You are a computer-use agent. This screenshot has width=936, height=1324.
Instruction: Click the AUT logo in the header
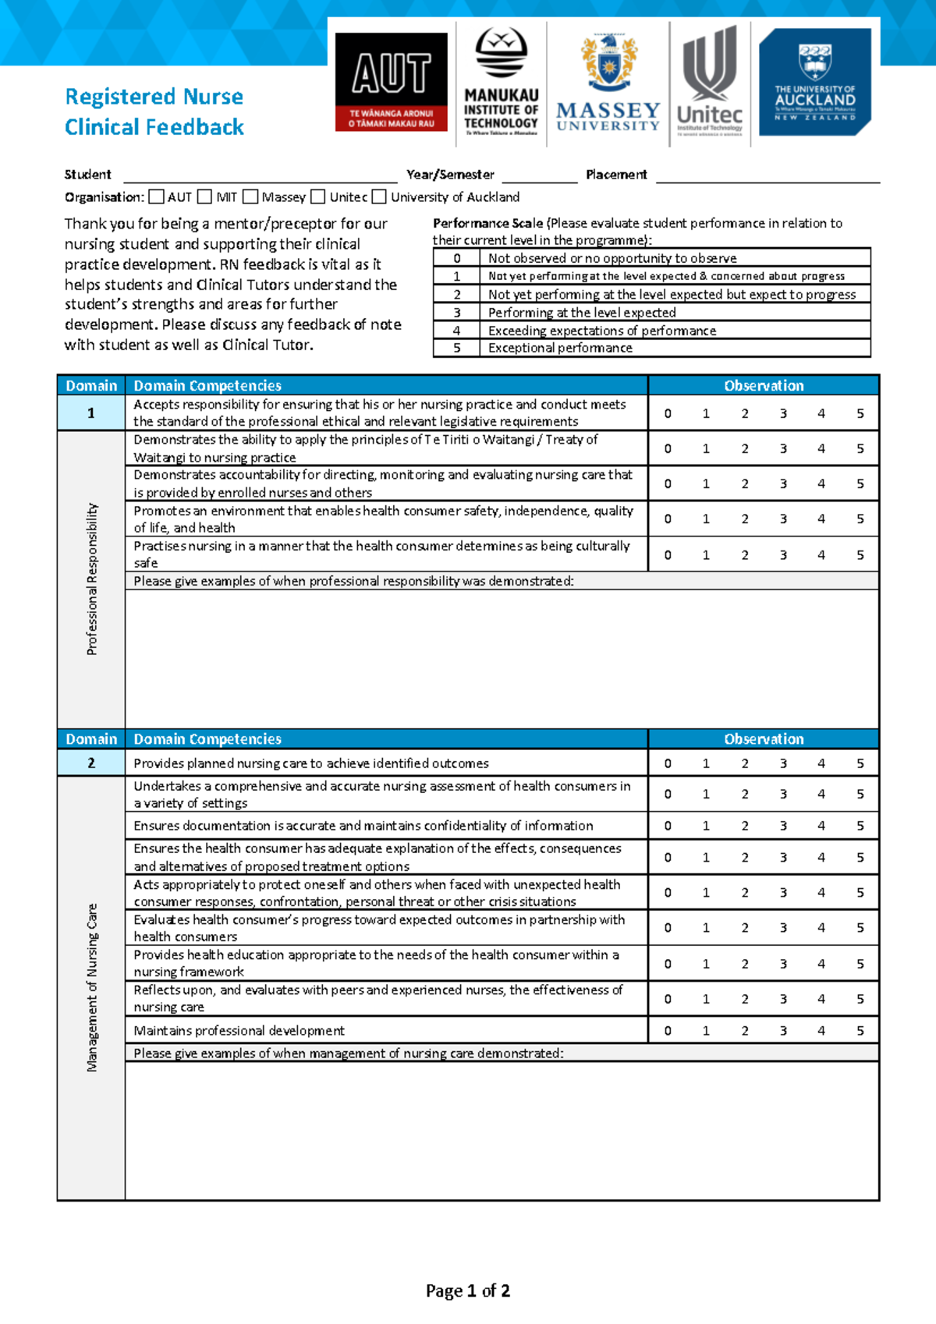click(x=392, y=81)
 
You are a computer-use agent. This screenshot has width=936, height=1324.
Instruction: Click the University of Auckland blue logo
click(x=814, y=82)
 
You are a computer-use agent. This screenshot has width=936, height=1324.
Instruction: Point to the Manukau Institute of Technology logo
click(x=502, y=82)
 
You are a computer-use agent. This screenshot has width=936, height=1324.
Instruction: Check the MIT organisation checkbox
click(x=205, y=197)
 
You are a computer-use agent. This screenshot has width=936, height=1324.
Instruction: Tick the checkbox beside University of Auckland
click(x=379, y=197)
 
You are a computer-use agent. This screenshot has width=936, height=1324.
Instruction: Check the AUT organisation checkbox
click(x=157, y=197)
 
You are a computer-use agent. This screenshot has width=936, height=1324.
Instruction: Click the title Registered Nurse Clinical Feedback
click(x=154, y=112)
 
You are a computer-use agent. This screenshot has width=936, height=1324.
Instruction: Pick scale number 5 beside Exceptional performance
click(x=457, y=349)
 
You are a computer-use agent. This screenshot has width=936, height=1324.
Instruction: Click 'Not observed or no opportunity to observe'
click(x=612, y=258)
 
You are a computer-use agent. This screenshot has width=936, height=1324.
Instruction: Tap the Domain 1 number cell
click(x=91, y=413)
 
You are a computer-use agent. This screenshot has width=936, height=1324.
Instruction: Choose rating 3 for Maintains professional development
click(x=783, y=1031)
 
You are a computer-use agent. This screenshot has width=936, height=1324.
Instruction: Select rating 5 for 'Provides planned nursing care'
click(x=860, y=763)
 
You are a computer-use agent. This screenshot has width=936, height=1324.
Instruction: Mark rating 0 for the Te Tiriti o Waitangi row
click(x=668, y=448)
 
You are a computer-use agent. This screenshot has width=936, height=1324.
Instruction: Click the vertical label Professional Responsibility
click(x=92, y=579)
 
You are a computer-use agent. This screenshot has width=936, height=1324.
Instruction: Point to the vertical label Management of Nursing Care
click(x=92, y=988)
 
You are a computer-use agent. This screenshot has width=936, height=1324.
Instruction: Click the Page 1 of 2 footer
click(x=468, y=1291)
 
